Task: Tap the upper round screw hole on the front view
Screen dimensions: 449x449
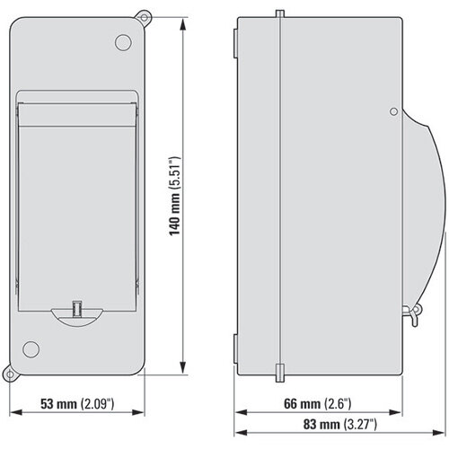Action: click(123, 42)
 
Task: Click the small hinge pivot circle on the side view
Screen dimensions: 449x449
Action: click(392, 112)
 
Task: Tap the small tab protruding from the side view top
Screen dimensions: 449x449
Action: click(280, 14)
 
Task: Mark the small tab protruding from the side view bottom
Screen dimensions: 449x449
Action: click(279, 370)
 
